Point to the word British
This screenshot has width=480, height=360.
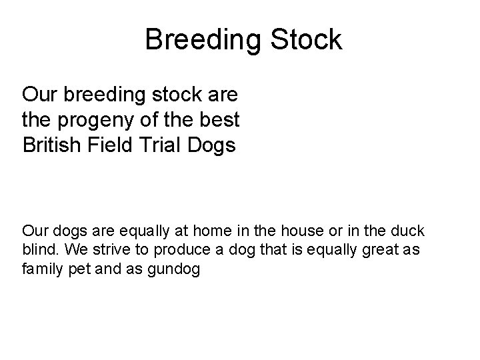51,145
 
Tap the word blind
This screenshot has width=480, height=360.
37,251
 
